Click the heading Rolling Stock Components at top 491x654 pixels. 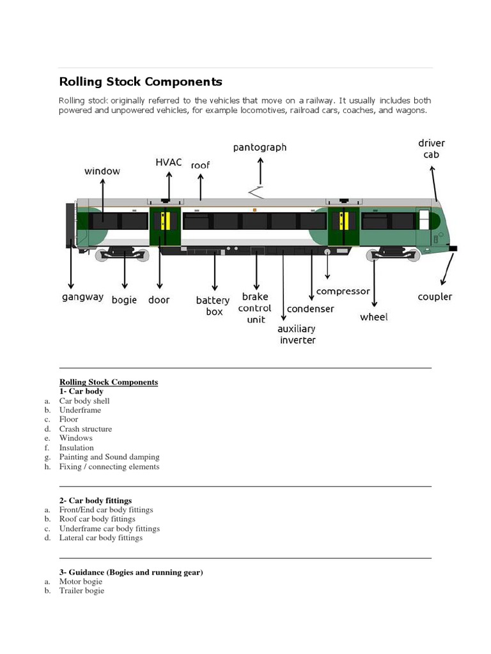(x=141, y=82)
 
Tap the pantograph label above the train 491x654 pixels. (x=260, y=148)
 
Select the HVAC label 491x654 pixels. (x=169, y=162)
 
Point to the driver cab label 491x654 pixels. (x=432, y=149)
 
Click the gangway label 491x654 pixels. (x=82, y=297)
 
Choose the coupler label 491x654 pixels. (x=435, y=296)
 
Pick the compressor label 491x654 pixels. (x=343, y=291)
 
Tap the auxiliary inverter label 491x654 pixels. (x=296, y=334)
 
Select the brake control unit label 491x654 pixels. (x=255, y=308)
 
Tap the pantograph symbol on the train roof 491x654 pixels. (x=257, y=191)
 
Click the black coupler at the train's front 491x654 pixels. (x=453, y=248)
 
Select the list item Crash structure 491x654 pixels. (x=86, y=429)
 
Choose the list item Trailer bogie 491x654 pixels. (x=82, y=591)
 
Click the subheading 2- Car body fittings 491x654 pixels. (x=95, y=500)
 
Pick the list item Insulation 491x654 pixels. (x=77, y=448)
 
